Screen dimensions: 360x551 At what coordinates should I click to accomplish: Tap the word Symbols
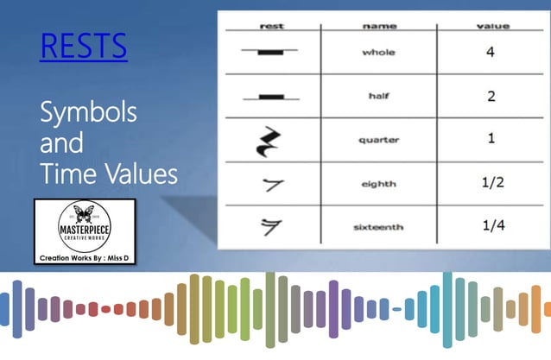pos(88,113)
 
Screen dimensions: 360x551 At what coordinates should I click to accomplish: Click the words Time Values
pos(108,175)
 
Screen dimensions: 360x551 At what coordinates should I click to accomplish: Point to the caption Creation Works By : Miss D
pos(84,257)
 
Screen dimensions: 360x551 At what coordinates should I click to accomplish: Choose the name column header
pos(378,27)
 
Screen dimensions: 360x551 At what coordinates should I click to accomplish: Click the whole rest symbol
pos(269,52)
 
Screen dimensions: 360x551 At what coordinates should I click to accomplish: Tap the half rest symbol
pos(269,95)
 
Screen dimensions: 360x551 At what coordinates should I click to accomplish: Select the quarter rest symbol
pos(269,140)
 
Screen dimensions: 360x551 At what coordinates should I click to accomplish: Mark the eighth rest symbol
pos(271,183)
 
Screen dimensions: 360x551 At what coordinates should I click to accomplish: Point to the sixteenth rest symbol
pos(270,227)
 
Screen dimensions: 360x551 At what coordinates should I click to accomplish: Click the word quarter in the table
pos(378,140)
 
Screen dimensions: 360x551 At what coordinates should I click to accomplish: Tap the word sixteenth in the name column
pos(378,227)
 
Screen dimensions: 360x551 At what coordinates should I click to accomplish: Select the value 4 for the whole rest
pos(491,52)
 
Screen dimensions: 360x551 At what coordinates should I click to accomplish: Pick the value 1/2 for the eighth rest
pos(491,183)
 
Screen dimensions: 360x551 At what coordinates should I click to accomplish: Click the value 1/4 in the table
pos(491,226)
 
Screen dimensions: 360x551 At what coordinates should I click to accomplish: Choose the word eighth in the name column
pos(378,183)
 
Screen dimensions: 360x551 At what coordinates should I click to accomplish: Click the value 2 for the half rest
pos(491,96)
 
